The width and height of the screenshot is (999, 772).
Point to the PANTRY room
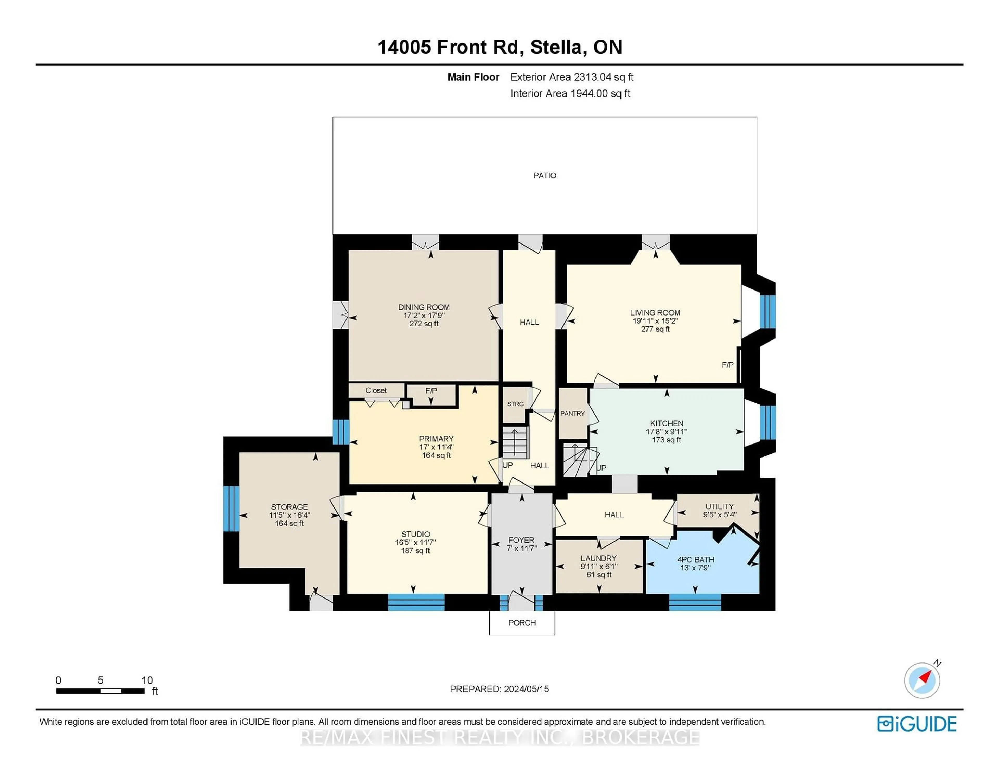coord(572,413)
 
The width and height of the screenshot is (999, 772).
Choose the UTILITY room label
coord(719,506)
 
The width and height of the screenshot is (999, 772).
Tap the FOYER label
coord(521,540)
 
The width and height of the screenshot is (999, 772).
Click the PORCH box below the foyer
coord(522,623)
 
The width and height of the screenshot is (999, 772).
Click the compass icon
coord(922,680)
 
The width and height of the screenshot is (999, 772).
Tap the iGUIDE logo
coord(917,724)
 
